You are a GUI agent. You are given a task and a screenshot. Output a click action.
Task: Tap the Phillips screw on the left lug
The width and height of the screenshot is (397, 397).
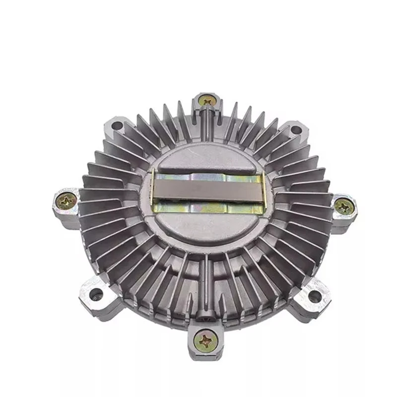point(66,200)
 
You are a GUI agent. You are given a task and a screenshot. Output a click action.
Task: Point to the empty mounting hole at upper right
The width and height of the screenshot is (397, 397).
point(296,130)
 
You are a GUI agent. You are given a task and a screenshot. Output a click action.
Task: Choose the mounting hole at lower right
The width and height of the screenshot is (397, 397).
point(314,296)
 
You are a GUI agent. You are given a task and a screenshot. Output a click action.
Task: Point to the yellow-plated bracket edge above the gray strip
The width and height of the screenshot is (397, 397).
point(208,171)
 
